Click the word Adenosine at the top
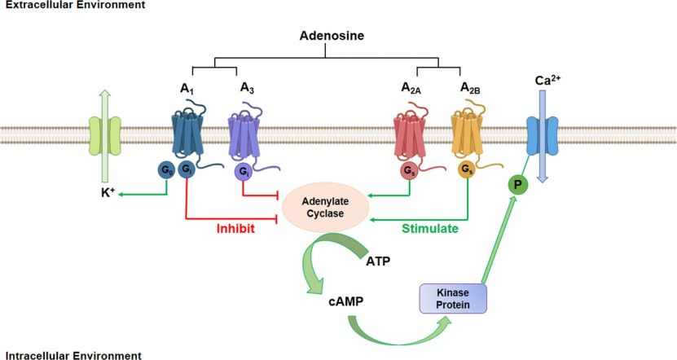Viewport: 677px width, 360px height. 325,37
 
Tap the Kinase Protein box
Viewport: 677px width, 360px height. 452,297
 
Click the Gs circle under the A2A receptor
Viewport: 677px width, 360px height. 409,171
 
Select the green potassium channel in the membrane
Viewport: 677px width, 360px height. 104,134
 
